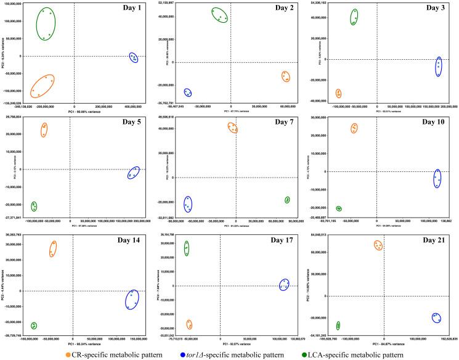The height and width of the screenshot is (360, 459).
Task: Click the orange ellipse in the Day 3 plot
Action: point(338,93)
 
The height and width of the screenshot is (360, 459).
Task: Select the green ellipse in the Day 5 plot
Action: point(35,206)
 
